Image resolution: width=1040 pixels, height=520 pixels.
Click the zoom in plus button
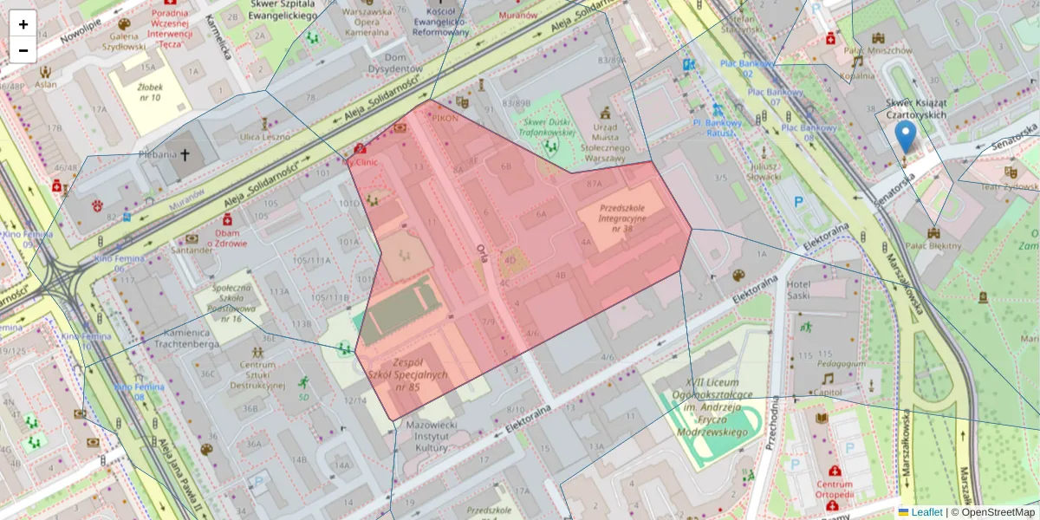pyautogui.click(x=23, y=24)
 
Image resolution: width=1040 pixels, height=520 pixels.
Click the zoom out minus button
pyautogui.click(x=23, y=50)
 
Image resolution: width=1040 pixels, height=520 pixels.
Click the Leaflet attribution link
pyautogui.click(x=926, y=512)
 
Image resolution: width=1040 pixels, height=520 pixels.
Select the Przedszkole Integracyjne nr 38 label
pyautogui.click(x=622, y=213)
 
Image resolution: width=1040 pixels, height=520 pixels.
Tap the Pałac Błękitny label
pyautogui.click(x=933, y=245)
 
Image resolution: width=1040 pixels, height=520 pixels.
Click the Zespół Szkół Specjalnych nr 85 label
pyautogui.click(x=406, y=374)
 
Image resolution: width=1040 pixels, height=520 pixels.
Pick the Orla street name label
pyautogui.click(x=483, y=251)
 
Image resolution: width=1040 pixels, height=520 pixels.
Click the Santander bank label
pyautogui.click(x=192, y=250)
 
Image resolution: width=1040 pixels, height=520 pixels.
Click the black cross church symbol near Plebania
pyautogui.click(x=185, y=154)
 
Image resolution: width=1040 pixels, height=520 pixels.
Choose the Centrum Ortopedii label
pyautogui.click(x=834, y=490)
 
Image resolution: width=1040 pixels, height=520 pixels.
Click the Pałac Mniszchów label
pyautogui.click(x=879, y=49)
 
